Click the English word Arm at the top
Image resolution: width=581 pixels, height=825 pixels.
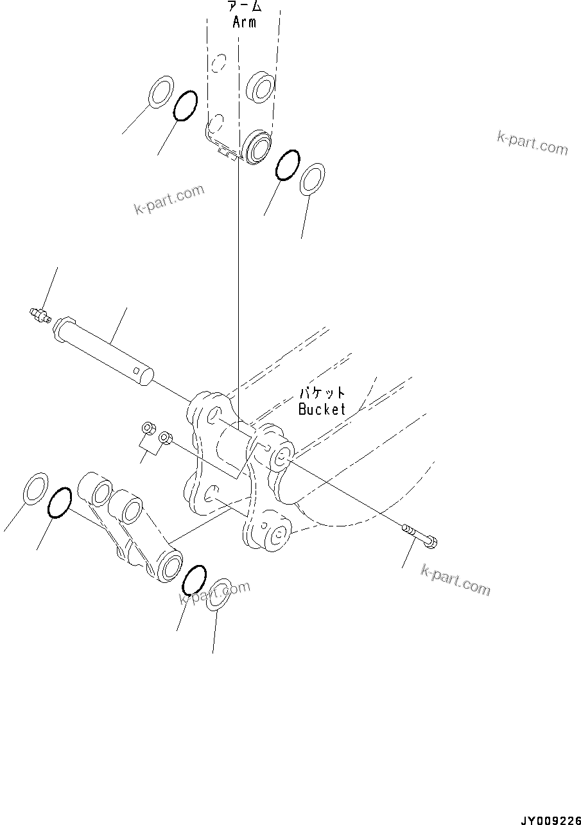[244, 22]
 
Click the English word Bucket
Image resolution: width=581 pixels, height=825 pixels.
[322, 409]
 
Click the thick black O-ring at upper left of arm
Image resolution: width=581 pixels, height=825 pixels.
[185, 105]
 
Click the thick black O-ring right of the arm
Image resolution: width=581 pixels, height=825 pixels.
[287, 166]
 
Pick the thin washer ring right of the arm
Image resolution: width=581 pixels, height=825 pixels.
[313, 178]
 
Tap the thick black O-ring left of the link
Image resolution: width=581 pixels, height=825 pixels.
[59, 502]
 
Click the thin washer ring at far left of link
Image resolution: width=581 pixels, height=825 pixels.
[35, 487]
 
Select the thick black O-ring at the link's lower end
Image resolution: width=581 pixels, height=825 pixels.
[194, 580]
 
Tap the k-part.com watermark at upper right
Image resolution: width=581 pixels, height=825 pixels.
[532, 143]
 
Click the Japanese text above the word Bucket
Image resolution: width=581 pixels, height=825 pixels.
[322, 393]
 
